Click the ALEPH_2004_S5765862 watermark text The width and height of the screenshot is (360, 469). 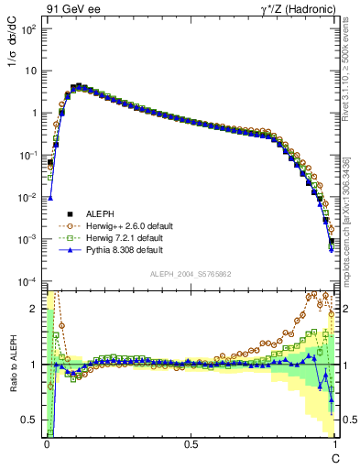coord(191,274)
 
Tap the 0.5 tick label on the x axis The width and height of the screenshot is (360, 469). coord(190,444)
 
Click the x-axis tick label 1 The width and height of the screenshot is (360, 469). coord(334,444)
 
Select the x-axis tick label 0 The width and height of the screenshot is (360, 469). coord(46,444)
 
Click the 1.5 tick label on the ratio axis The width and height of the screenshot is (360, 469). coord(32,336)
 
